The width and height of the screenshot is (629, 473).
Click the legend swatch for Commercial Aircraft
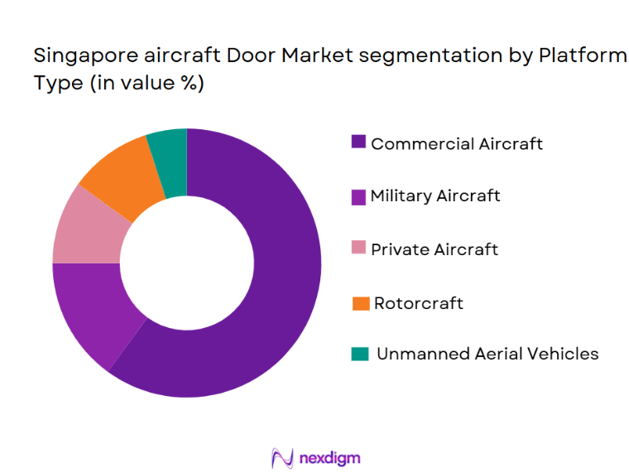(x=358, y=142)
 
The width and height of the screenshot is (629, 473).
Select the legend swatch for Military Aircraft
(x=358, y=196)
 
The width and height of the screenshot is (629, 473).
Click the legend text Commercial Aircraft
(x=457, y=143)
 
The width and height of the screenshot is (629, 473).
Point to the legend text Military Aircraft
(x=435, y=196)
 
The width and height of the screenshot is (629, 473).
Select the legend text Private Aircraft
(x=435, y=249)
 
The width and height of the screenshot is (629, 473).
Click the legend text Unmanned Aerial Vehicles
(x=487, y=354)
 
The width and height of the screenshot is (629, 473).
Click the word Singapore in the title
(x=74, y=57)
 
